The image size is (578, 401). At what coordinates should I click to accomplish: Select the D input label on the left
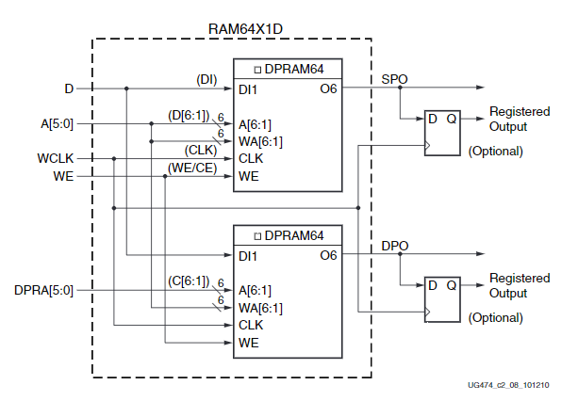[69, 88]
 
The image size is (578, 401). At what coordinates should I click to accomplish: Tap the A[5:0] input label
[56, 123]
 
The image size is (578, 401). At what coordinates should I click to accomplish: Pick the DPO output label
[394, 245]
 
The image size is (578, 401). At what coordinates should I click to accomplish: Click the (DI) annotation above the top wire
[206, 79]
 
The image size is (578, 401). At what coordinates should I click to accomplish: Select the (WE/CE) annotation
[191, 167]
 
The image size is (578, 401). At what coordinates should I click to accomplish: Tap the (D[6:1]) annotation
[189, 115]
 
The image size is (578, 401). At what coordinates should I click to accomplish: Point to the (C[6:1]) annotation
[189, 281]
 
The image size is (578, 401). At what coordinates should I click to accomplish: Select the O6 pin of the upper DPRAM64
[327, 89]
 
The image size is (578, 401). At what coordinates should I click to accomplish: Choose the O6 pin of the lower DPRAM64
[327, 256]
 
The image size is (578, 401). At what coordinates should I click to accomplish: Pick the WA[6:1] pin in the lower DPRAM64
[260, 308]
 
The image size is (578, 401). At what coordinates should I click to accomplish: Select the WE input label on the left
[63, 175]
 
